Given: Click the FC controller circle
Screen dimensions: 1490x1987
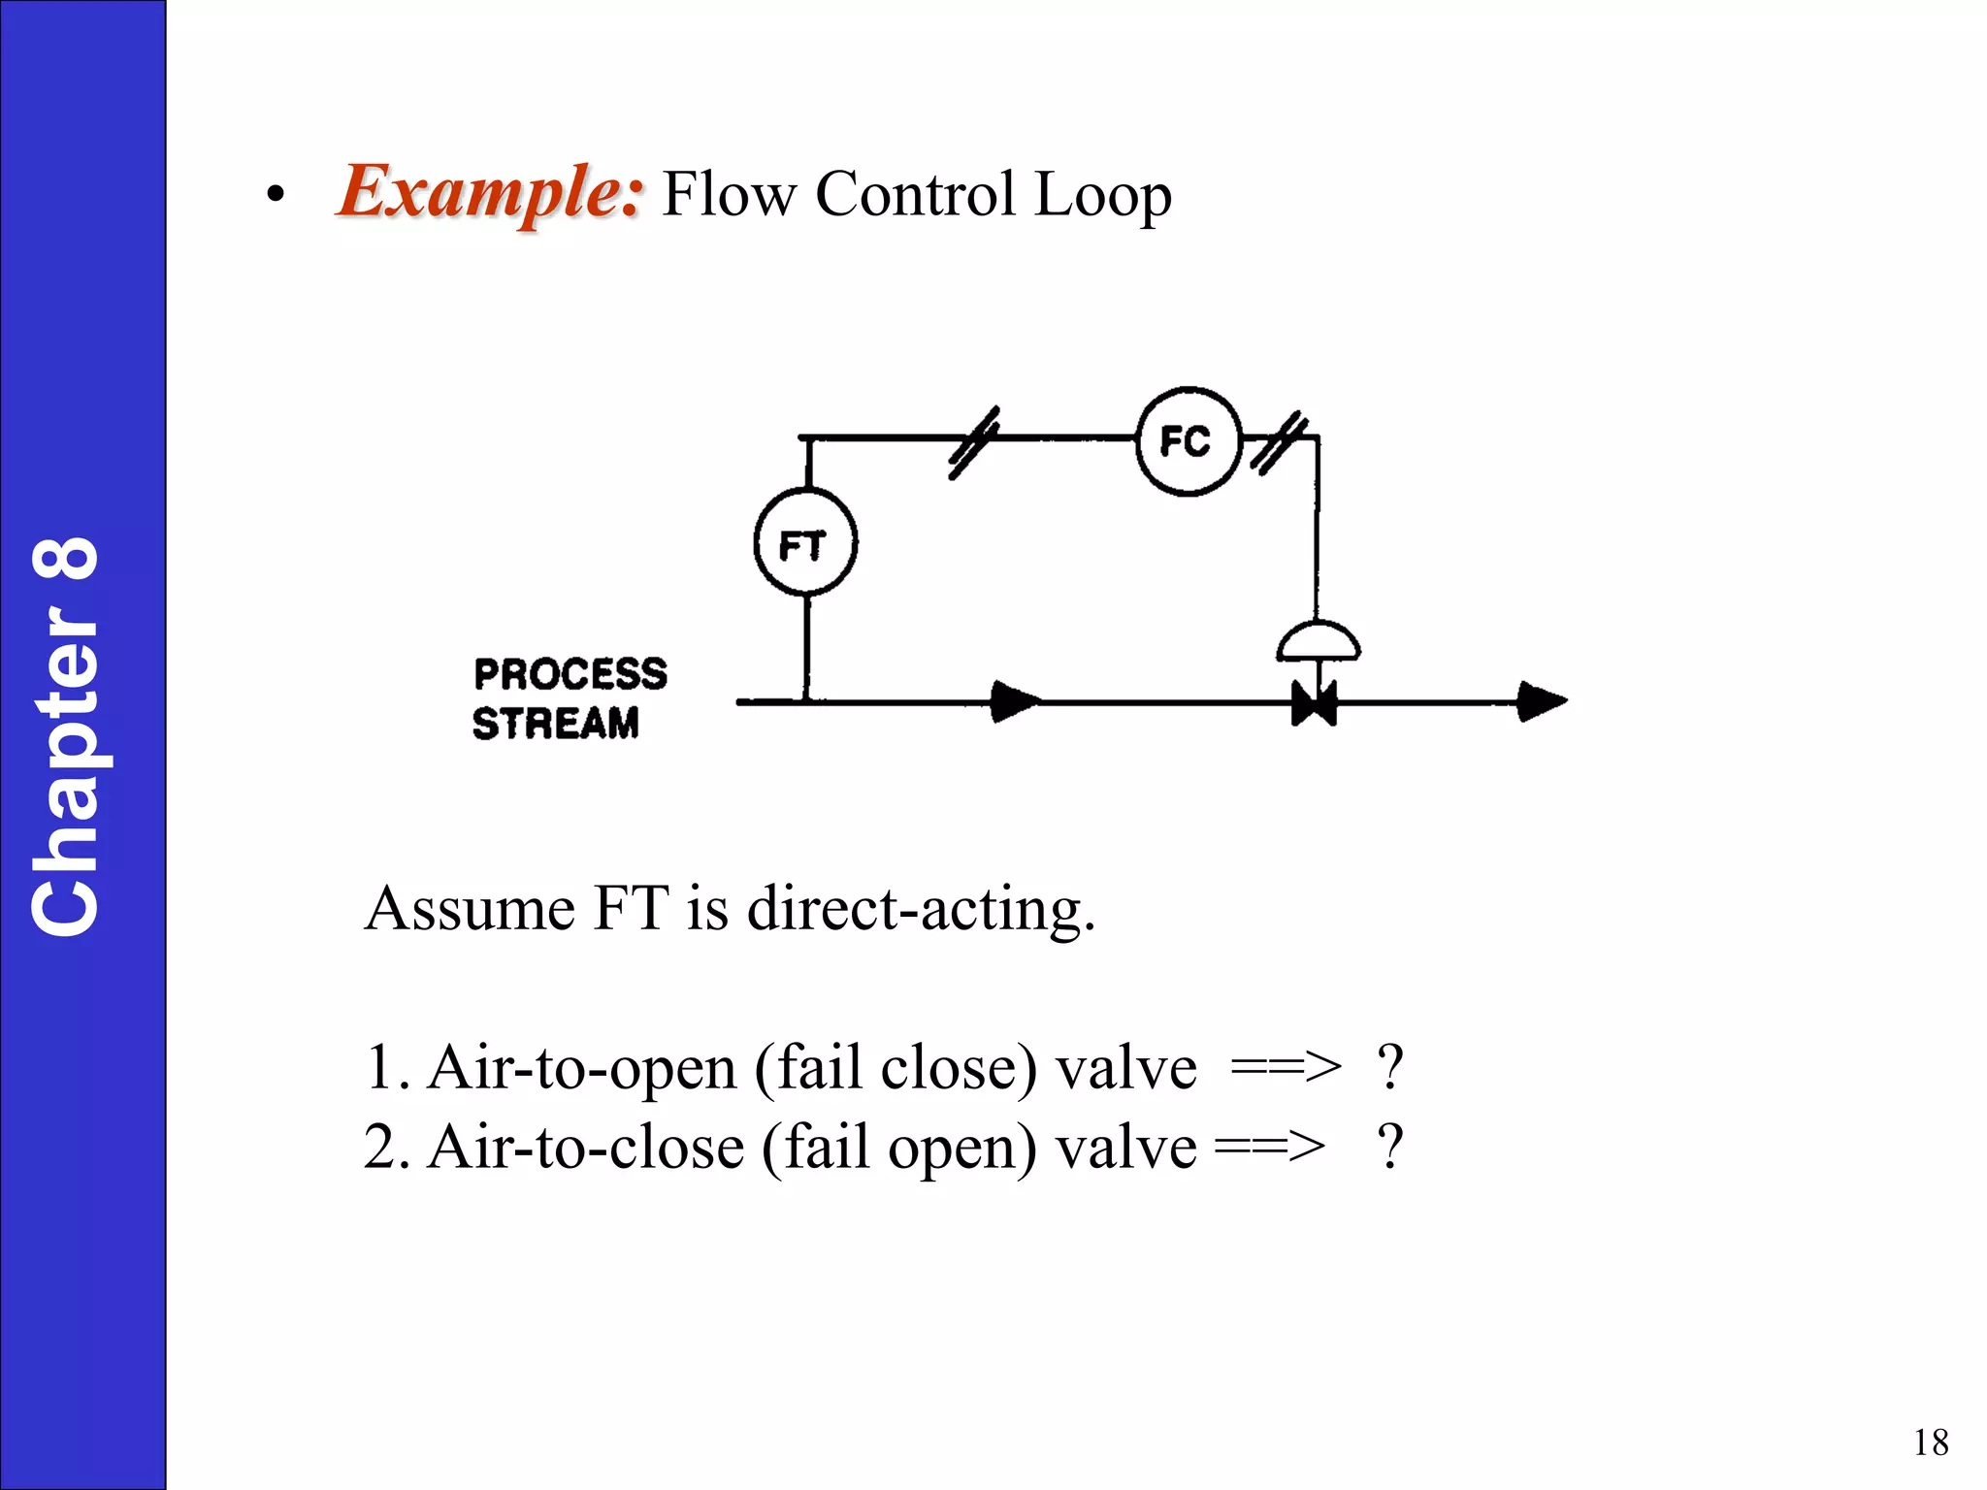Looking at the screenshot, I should pyautogui.click(x=1188, y=442).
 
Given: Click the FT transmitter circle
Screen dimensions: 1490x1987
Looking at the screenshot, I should pyautogui.click(x=805, y=543).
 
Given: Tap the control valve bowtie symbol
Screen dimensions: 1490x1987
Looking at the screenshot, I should pyautogui.click(x=1315, y=702).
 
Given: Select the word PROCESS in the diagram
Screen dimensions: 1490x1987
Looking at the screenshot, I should pyautogui.click(x=570, y=674).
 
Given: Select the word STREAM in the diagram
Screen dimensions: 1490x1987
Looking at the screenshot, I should pyautogui.click(x=556, y=724).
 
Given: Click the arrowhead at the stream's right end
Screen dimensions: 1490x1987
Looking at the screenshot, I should pyautogui.click(x=1541, y=701).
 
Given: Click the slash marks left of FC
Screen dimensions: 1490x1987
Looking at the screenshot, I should pyautogui.click(x=973, y=443).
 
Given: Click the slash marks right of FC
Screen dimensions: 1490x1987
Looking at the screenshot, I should pyautogui.click(x=1279, y=443).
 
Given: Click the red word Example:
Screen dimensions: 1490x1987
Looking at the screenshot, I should pyautogui.click(x=490, y=192).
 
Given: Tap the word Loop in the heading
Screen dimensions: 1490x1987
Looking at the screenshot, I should pyautogui.click(x=1103, y=195).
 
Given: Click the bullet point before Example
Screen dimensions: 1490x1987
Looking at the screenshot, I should pyautogui.click(x=276, y=196).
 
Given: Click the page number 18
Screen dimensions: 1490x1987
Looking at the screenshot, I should pyautogui.click(x=1931, y=1442).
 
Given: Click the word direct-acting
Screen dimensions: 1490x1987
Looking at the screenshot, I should pyautogui.click(x=921, y=909).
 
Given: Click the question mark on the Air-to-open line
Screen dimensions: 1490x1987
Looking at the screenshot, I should pyautogui.click(x=1390, y=1067).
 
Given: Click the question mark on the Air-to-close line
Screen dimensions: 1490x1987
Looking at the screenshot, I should pyautogui.click(x=1390, y=1147).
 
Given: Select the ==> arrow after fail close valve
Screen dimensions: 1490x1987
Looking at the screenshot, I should pyautogui.click(x=1286, y=1068).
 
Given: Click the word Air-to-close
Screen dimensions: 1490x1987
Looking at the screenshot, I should pyautogui.click(x=586, y=1148).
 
